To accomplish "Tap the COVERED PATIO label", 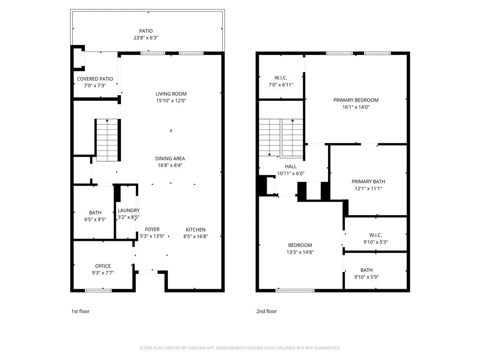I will pyautogui.click(x=95, y=79).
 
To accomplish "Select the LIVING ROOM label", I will pyautogui.click(x=171, y=94).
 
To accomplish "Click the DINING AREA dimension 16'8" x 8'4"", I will pyautogui.click(x=170, y=165).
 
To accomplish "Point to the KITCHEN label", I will pyautogui.click(x=195, y=230).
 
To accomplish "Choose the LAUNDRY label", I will pyautogui.click(x=128, y=210).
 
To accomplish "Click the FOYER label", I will pyautogui.click(x=152, y=229).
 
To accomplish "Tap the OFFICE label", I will pyautogui.click(x=103, y=266).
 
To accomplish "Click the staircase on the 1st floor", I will pyautogui.click(x=107, y=140).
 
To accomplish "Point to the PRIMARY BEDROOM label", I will pyautogui.click(x=356, y=100).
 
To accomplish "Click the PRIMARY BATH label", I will pyautogui.click(x=368, y=181).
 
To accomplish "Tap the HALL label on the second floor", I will pyautogui.click(x=291, y=166).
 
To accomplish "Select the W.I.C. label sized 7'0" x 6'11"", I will pyautogui.click(x=280, y=77).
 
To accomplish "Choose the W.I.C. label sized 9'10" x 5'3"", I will pyautogui.click(x=375, y=235).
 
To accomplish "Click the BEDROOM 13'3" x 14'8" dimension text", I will pyautogui.click(x=300, y=252).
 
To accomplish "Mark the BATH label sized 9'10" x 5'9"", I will pyautogui.click(x=367, y=270).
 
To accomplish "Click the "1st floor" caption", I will pyautogui.click(x=80, y=311).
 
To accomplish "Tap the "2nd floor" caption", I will pyautogui.click(x=266, y=311).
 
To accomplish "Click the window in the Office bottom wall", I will pyautogui.click(x=98, y=291).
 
